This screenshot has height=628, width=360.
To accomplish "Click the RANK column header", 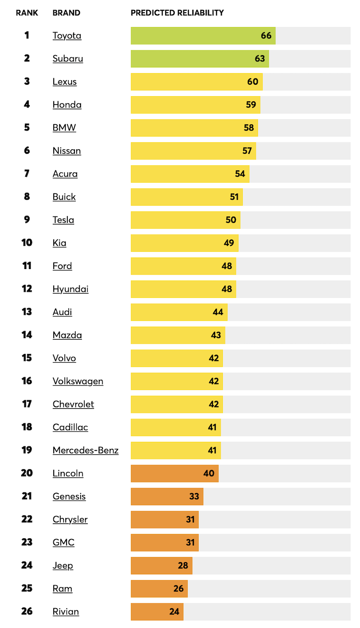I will click(27, 13).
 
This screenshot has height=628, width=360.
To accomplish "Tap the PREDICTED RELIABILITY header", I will click(177, 13).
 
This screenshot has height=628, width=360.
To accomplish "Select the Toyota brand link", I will click(67, 36).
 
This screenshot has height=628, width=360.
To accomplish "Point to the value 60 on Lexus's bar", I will click(253, 82).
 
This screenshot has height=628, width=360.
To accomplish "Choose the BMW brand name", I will click(64, 128).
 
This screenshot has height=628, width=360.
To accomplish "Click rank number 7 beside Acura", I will click(27, 173).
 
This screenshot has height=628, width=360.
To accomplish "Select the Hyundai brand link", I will click(70, 289).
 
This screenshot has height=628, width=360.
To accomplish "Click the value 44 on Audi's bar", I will click(218, 312).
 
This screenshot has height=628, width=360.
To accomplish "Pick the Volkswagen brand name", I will click(78, 381).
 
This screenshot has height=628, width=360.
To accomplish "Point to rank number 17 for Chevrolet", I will click(27, 404).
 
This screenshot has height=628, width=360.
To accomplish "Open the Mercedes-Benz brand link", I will click(86, 450).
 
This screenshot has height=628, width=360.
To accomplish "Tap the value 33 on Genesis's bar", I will click(194, 496).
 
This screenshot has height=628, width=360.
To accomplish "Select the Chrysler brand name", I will click(70, 520).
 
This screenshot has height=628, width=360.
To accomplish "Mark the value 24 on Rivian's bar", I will click(174, 611).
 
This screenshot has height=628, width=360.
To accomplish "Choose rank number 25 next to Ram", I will click(27, 588).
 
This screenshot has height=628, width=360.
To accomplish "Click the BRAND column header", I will click(66, 13).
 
